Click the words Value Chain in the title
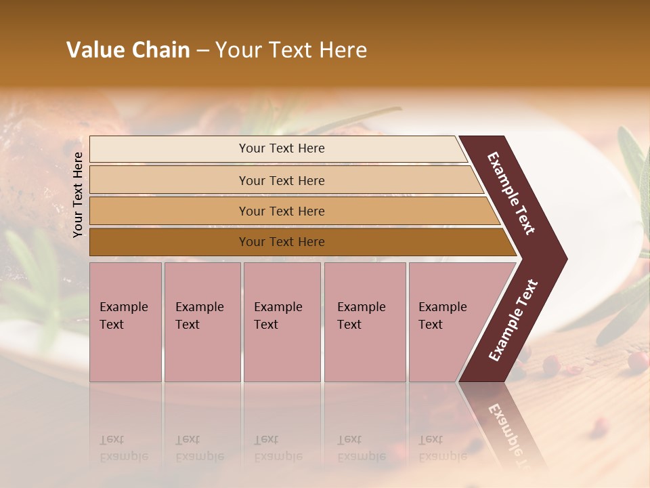tap(128, 50)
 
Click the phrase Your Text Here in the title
tap(291, 50)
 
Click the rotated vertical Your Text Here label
tap(78, 195)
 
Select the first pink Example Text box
tap(125, 322)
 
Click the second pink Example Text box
tap(202, 322)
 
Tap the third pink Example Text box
tap(281, 322)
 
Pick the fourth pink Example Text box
tap(364, 322)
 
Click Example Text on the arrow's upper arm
tap(511, 193)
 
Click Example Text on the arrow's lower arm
tap(513, 321)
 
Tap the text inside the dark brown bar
tap(282, 242)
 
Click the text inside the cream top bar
tap(282, 148)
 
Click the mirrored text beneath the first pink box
tap(123, 449)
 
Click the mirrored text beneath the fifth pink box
tap(441, 449)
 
